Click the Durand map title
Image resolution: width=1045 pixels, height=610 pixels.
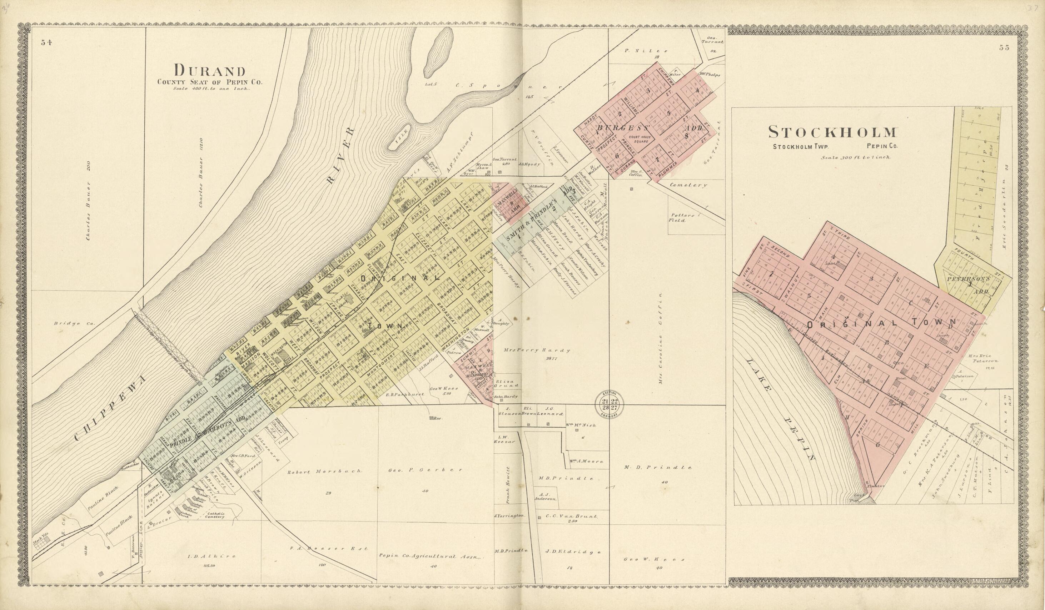tap(209, 70)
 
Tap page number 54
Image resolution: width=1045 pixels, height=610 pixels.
tap(46, 42)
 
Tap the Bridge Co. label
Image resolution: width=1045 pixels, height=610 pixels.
tap(75, 323)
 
